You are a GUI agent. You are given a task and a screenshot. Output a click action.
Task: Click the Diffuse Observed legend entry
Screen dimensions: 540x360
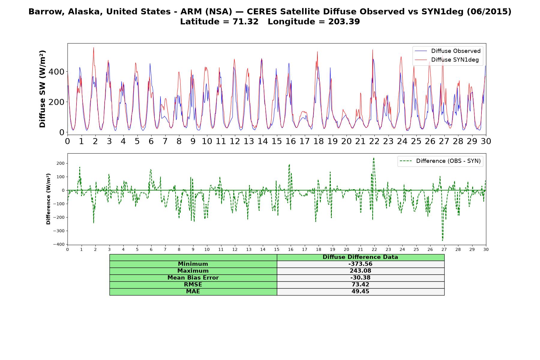click(x=447, y=51)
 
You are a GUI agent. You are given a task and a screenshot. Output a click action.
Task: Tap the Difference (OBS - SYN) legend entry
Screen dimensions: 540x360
click(x=440, y=161)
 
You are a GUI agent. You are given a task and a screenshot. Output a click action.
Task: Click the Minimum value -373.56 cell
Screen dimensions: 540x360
click(x=360, y=264)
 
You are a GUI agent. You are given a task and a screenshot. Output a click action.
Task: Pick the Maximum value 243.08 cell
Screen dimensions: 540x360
click(x=360, y=271)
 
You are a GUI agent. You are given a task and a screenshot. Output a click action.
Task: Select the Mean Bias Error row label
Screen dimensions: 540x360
click(x=193, y=278)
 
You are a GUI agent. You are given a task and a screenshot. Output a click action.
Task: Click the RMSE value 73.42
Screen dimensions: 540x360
click(x=360, y=285)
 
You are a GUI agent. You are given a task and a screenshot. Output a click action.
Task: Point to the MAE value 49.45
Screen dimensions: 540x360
click(x=360, y=292)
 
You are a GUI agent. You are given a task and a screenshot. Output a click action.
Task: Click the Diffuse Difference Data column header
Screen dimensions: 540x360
click(x=360, y=257)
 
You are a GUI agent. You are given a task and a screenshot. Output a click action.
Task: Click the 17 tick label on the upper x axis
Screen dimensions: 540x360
click(x=304, y=141)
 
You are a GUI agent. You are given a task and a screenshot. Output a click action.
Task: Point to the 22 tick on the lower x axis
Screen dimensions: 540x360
click(x=374, y=250)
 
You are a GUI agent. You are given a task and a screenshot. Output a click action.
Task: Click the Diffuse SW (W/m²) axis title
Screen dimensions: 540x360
click(x=42, y=89)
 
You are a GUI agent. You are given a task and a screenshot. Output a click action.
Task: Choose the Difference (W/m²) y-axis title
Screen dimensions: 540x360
click(x=48, y=199)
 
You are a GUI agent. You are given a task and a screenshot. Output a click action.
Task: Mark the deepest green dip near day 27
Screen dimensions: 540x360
click(x=442, y=240)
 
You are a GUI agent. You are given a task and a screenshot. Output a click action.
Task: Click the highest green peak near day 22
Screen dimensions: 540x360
click(x=373, y=158)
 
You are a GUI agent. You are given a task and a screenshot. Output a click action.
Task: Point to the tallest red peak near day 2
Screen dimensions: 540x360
click(x=94, y=47)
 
